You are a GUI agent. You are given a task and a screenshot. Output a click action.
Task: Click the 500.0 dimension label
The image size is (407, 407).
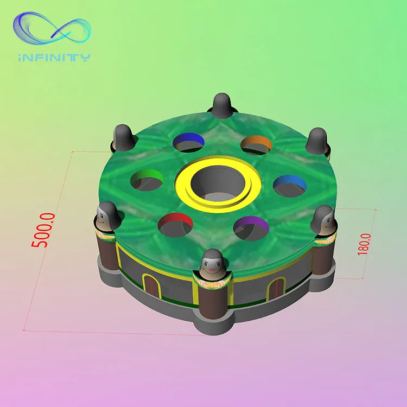(43, 230)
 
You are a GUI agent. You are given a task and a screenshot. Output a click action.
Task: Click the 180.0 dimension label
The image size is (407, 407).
(364, 244)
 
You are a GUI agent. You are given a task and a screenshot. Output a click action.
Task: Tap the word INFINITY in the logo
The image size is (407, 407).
(54, 58)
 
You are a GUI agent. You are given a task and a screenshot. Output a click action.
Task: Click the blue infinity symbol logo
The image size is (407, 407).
(52, 28)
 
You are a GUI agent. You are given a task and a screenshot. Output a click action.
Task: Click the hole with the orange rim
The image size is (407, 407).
(256, 145)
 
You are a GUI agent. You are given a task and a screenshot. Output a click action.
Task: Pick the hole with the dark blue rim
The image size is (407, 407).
(188, 142)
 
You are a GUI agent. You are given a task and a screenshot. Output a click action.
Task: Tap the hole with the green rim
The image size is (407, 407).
(147, 180)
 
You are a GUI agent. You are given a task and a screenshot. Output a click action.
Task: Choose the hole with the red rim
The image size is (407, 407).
(175, 225)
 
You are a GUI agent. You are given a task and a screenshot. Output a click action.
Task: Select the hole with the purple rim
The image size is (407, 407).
(251, 228)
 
